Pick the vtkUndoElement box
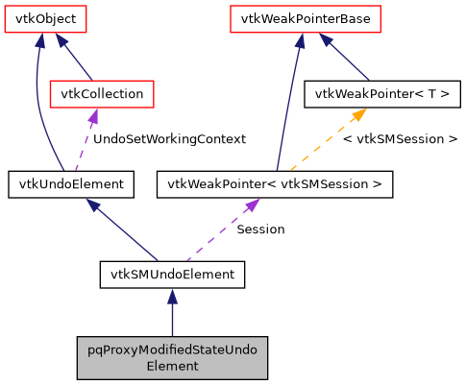pos(70,183)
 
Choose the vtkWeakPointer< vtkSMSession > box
pos(274,183)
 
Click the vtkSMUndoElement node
pos(172,275)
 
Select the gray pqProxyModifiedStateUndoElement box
pos(172,356)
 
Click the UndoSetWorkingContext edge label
pos(169,138)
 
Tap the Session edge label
pos(260,229)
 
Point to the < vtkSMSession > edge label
pos(400,138)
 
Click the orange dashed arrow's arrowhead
pos(357,114)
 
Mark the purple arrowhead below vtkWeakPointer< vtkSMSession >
pos(252,205)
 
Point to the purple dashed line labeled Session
pos(216,235)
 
